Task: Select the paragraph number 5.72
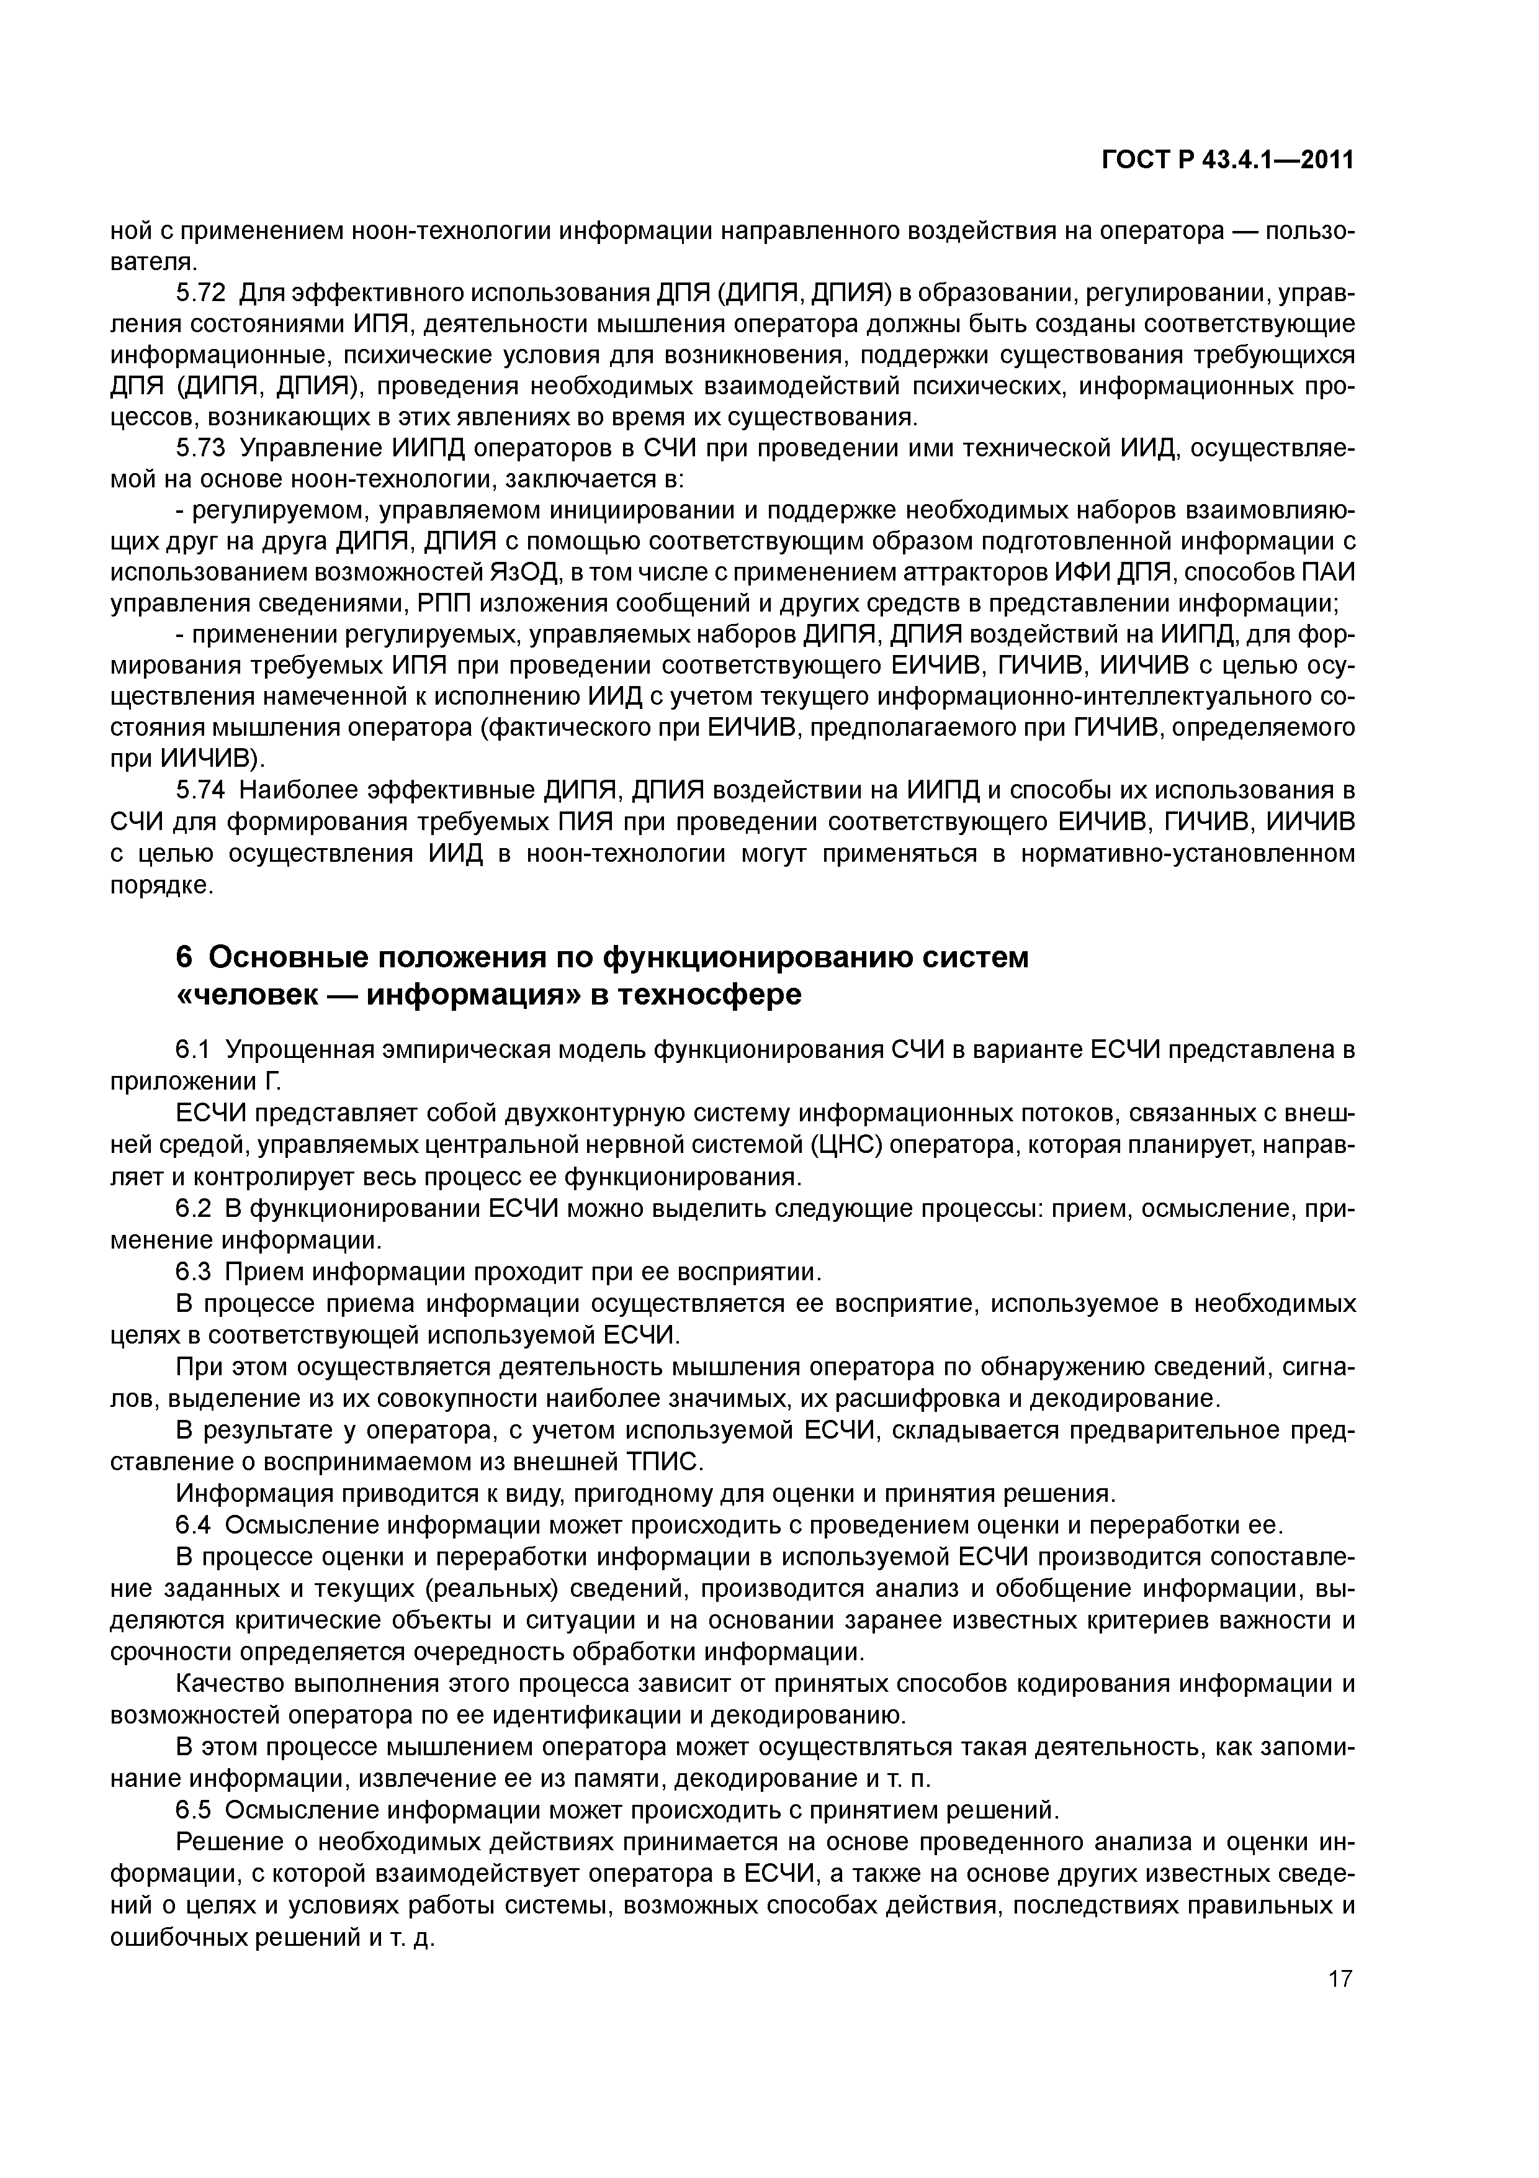(x=198, y=293)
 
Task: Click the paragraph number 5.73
(x=198, y=449)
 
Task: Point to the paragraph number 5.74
(x=198, y=790)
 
